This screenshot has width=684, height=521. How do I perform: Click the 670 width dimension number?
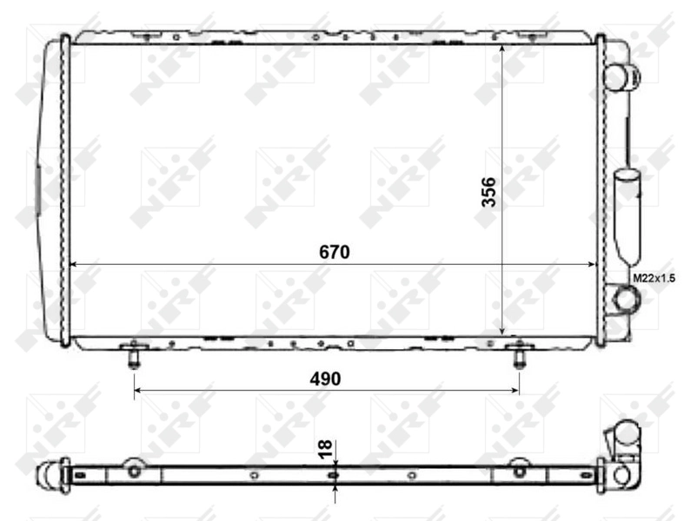tap(333, 253)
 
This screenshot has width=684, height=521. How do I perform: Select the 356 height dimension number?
tap(489, 192)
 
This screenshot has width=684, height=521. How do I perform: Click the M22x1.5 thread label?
tap(654, 278)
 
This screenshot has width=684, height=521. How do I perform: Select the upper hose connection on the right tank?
tap(618, 76)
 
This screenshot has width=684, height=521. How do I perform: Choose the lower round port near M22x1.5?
tap(625, 300)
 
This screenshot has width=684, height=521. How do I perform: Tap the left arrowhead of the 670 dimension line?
tap(73, 264)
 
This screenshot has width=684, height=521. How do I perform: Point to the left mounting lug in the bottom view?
tap(134, 469)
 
